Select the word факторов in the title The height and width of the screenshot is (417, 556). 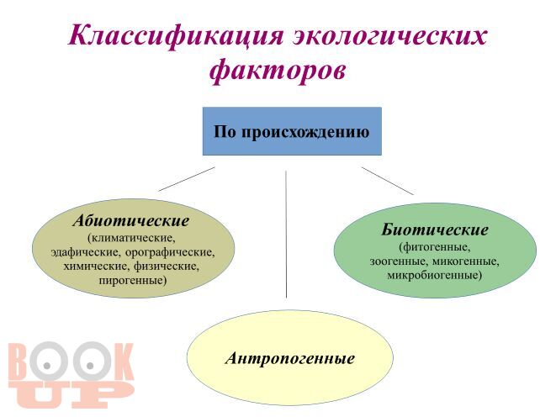click(277, 71)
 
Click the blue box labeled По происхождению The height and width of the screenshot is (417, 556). click(292, 131)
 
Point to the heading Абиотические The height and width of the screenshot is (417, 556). click(131, 221)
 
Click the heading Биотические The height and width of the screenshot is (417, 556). click(435, 230)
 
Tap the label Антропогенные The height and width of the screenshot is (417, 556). click(290, 358)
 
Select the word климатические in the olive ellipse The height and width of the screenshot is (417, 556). click(134, 238)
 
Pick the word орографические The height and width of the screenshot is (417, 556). click(170, 252)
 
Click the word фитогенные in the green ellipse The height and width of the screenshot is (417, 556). click(435, 247)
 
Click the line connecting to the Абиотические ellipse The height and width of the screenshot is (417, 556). click(187, 179)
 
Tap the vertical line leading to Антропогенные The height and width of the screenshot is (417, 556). click(286, 235)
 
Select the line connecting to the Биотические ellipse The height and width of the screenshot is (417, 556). click(388, 181)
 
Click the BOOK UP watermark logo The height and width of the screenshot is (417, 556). click(71, 375)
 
